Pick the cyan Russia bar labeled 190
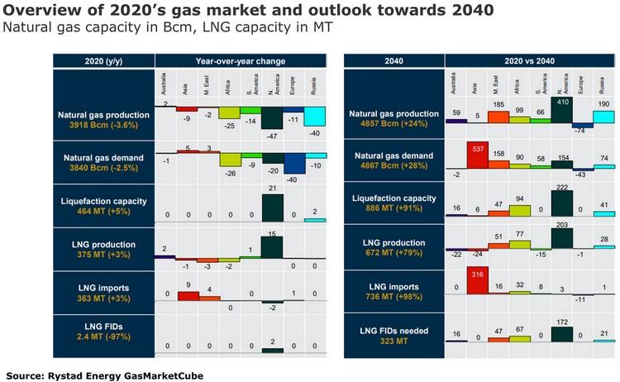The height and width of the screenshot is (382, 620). pyautogui.click(x=603, y=117)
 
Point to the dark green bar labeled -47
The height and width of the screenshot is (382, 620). pyautogui.click(x=274, y=117)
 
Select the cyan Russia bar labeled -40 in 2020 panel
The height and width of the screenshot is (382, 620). pyautogui.click(x=316, y=116)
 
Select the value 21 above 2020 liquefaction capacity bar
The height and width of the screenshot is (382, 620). pyautogui.click(x=274, y=189)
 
